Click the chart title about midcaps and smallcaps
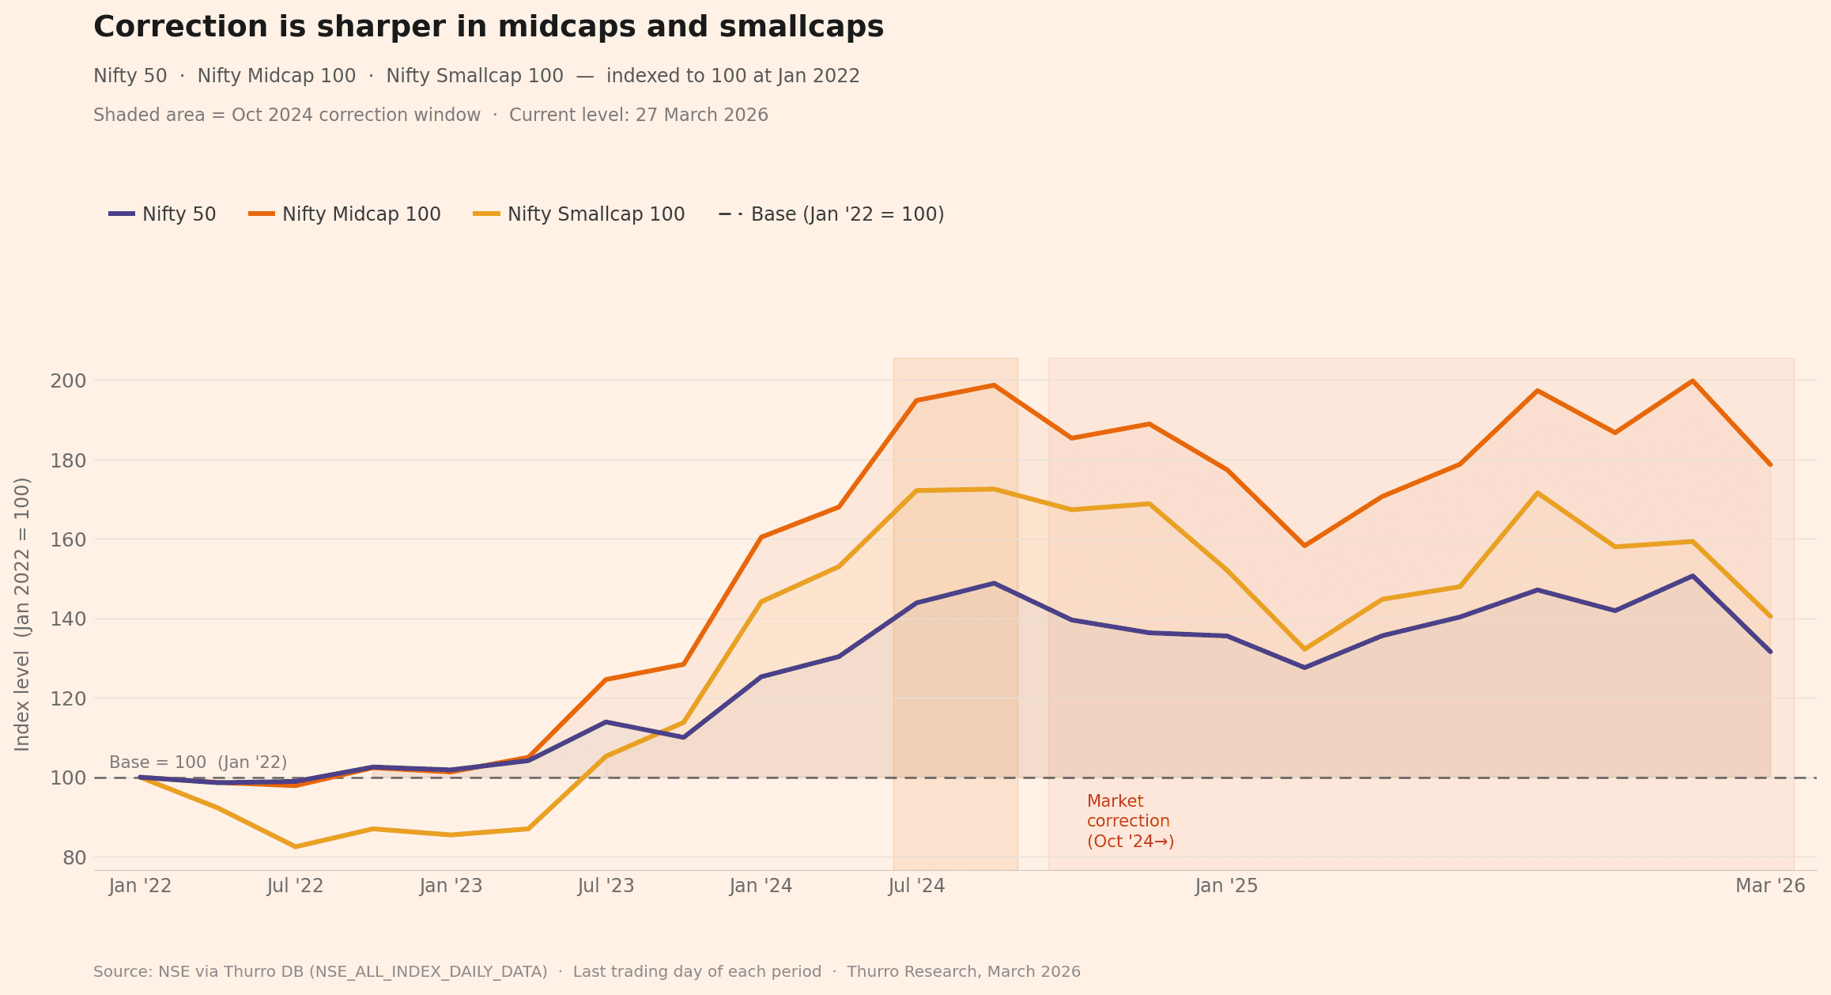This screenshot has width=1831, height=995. (488, 28)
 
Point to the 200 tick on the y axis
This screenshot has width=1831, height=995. (68, 381)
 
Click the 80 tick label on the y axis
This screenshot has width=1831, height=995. (74, 858)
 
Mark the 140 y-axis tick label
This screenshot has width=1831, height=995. (68, 619)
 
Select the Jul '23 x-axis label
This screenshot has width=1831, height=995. (606, 886)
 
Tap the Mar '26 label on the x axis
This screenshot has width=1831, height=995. (1770, 886)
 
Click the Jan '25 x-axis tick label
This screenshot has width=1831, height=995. (1226, 886)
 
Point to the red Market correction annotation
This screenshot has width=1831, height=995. (1130, 822)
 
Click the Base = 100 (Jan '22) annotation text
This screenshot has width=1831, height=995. (198, 762)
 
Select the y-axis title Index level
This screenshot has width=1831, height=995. (22, 614)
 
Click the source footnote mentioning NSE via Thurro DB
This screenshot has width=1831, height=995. (587, 971)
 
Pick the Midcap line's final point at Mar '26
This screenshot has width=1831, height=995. (1770, 464)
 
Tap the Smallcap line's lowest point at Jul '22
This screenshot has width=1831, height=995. (296, 846)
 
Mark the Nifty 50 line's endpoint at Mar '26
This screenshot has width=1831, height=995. (1770, 652)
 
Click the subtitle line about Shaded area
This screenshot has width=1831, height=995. (431, 115)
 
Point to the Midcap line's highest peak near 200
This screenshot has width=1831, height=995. (1693, 381)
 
